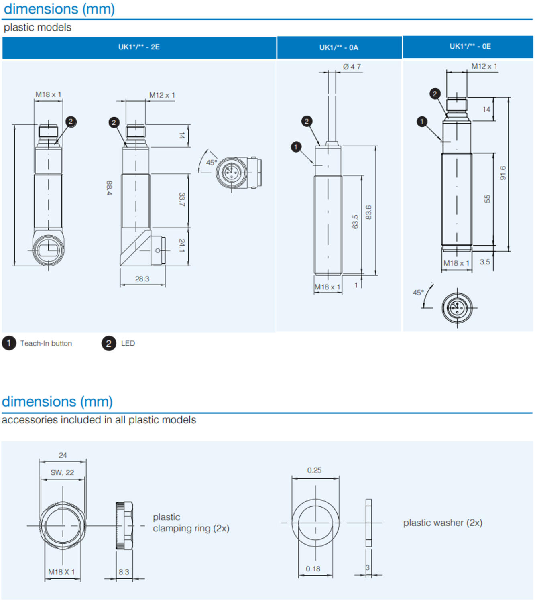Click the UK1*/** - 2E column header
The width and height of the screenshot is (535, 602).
coord(139,47)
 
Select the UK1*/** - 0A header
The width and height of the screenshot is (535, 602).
coord(339,47)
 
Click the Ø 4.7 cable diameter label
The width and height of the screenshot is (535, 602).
coord(352,67)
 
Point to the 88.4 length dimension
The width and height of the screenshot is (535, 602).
coord(109,188)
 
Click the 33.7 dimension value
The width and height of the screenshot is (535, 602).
coord(182,199)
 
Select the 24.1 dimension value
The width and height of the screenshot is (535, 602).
coord(182,245)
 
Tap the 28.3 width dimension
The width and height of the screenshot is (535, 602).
coord(142,279)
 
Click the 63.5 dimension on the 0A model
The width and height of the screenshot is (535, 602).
coord(355,222)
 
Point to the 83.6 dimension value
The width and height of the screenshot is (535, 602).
coord(368,212)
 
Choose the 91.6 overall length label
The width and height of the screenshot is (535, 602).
coord(503,173)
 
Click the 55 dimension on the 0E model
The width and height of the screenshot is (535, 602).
coord(487,199)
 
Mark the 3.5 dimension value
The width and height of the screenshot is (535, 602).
coord(485,262)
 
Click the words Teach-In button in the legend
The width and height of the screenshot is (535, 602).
coord(46,343)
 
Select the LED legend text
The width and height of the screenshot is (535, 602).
coord(128,343)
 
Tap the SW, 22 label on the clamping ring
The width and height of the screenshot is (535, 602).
coord(62,472)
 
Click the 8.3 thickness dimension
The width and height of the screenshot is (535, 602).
coord(124,572)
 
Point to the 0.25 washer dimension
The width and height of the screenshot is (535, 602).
coord(314,470)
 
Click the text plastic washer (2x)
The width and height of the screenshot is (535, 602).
coord(443,523)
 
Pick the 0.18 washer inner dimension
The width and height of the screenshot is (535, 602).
coord(313,569)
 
